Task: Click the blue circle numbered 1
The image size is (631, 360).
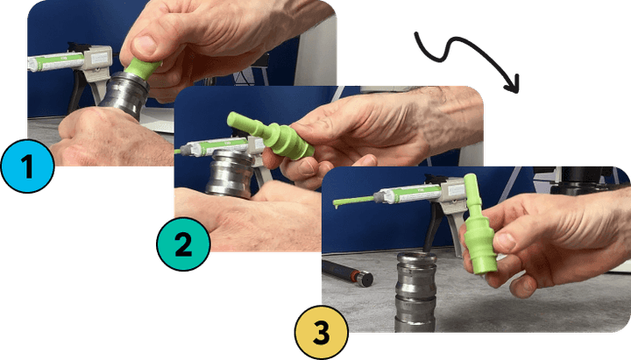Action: pyautogui.click(x=27, y=166)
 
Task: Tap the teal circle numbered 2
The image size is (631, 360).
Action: pyautogui.click(x=183, y=244)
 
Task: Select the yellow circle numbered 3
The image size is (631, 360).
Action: pyautogui.click(x=321, y=332)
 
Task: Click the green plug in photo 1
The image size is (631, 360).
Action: pyautogui.click(x=143, y=67)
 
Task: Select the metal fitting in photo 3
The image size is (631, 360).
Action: pyautogui.click(x=416, y=292)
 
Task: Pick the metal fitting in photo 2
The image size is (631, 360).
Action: pyautogui.click(x=230, y=173)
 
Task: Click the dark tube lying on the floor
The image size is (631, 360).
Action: pyautogui.click(x=348, y=272)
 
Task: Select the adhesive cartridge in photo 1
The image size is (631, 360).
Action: pyautogui.click(x=56, y=61)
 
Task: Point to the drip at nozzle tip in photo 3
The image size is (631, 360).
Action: pyautogui.click(x=335, y=206)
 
